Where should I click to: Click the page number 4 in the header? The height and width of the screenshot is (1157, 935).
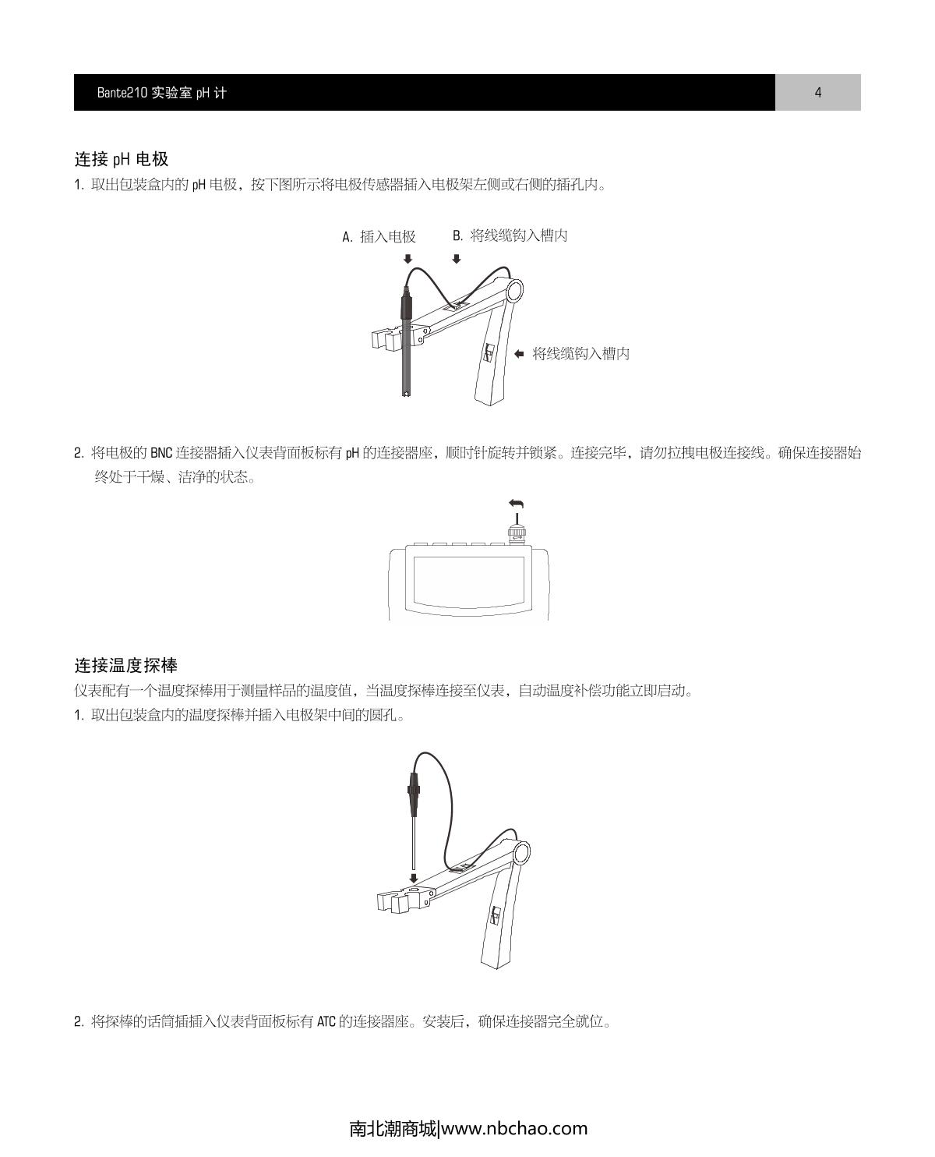(x=817, y=93)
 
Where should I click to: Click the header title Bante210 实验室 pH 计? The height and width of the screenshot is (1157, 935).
(x=162, y=93)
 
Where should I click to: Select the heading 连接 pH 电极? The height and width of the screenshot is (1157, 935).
(x=122, y=160)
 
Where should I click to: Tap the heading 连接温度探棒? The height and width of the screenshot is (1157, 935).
(x=126, y=666)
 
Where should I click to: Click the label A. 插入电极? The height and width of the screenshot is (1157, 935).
(x=379, y=237)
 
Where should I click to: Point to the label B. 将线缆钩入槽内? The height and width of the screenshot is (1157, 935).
(x=510, y=235)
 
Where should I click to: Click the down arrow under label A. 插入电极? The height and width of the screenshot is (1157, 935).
(x=408, y=259)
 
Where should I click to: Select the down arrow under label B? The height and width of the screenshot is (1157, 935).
(x=457, y=259)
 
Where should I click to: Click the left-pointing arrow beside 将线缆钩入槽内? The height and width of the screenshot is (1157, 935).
(x=519, y=354)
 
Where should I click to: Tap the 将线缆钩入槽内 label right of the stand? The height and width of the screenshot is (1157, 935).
(x=580, y=354)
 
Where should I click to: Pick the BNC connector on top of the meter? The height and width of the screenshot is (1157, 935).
(x=516, y=534)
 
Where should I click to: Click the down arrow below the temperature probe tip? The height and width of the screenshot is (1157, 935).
(x=413, y=878)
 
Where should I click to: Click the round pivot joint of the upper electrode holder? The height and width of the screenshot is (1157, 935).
(x=515, y=291)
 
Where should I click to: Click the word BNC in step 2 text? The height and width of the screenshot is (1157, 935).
(x=161, y=453)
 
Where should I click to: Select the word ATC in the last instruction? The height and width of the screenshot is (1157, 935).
(x=326, y=1021)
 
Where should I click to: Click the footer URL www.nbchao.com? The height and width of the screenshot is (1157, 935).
(x=514, y=1128)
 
